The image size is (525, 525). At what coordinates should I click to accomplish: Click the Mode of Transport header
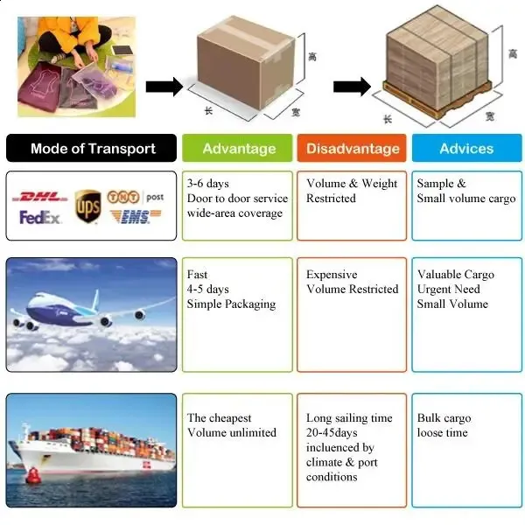click(x=93, y=148)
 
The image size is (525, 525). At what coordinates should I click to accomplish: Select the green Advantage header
click(x=239, y=148)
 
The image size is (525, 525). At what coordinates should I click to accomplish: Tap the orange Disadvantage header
click(x=353, y=148)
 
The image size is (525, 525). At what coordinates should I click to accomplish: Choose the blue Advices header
click(x=466, y=148)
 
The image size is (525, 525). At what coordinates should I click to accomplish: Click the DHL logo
click(x=43, y=196)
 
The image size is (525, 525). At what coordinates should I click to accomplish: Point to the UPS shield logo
click(x=87, y=206)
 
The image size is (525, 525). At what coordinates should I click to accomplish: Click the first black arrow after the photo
click(x=164, y=87)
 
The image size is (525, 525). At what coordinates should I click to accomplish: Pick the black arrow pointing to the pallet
click(x=352, y=86)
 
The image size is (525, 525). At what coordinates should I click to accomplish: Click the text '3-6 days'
click(x=207, y=184)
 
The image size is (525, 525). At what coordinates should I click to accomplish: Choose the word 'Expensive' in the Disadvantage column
click(x=332, y=275)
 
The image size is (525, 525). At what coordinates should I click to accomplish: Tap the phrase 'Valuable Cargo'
click(x=455, y=275)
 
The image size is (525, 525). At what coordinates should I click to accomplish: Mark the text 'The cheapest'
click(x=219, y=418)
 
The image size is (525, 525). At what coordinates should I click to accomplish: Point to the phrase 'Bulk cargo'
click(x=444, y=418)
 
